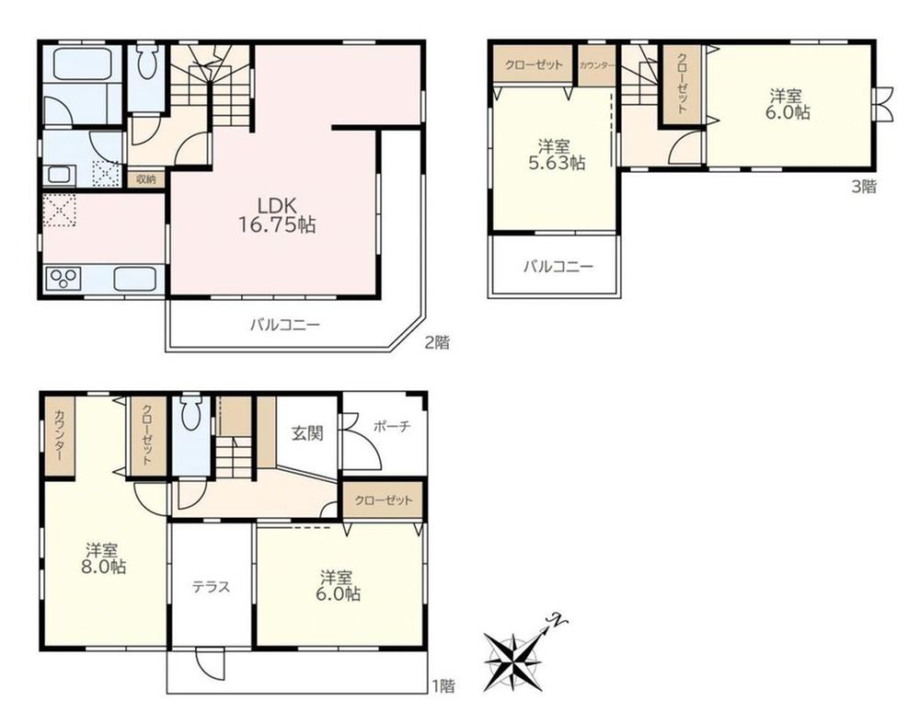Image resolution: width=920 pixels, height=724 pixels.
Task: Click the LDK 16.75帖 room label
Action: [x=277, y=214]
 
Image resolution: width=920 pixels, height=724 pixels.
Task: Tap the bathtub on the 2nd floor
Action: [x=84, y=63]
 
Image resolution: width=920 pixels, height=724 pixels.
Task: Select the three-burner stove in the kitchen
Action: [x=64, y=278]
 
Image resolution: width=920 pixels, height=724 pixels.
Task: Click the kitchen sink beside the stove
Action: [x=135, y=278]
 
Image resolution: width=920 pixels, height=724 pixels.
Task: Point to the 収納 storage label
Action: [x=145, y=179]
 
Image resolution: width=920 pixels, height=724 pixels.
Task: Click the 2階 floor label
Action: [x=438, y=342]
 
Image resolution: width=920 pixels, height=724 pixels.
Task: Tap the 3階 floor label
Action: [x=864, y=187]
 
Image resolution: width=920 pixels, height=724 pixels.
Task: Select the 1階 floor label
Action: [x=443, y=685]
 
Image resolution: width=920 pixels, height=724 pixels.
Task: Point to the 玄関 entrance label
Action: [x=308, y=433]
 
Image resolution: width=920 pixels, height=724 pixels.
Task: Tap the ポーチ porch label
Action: [x=392, y=427]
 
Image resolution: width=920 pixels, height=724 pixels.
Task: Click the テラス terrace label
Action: [x=212, y=587]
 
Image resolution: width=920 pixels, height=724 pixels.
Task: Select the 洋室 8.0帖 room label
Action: [x=105, y=558]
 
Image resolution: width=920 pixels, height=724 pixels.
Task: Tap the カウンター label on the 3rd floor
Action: [x=597, y=65]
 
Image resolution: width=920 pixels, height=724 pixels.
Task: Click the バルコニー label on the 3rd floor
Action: [x=558, y=267]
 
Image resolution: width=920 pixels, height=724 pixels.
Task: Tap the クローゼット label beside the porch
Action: [x=383, y=500]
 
